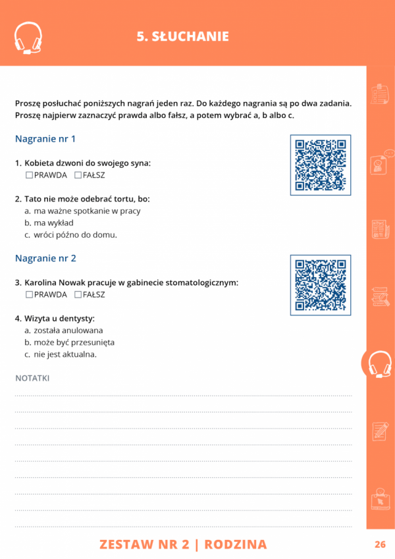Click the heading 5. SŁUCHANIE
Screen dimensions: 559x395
point(182,37)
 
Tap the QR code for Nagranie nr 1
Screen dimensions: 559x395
point(321,165)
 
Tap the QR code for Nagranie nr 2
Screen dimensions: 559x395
point(321,284)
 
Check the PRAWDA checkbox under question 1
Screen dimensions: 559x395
point(29,175)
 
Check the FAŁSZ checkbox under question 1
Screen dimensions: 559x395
point(78,175)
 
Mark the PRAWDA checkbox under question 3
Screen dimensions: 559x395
point(29,294)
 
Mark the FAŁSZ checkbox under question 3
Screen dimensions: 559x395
point(78,294)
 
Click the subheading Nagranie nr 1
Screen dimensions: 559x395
point(45,139)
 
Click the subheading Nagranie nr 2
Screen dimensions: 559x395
point(45,258)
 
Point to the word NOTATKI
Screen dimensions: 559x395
point(32,378)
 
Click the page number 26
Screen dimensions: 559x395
point(380,545)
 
